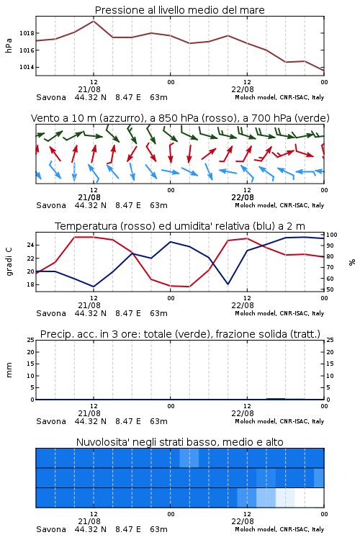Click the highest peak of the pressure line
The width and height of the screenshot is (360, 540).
[x=94, y=21]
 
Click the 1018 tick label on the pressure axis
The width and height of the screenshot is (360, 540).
[x=27, y=33]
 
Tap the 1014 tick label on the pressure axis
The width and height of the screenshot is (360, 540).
[x=27, y=67]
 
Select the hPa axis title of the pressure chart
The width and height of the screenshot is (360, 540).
[x=9, y=45]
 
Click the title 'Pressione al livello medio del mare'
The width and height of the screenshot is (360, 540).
[x=180, y=10]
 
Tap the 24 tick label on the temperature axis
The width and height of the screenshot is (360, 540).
[x=30, y=246]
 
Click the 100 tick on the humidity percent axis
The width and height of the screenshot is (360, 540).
[x=332, y=235]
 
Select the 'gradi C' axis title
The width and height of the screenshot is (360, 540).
[x=9, y=261]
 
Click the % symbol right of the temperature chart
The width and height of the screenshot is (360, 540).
[x=352, y=262]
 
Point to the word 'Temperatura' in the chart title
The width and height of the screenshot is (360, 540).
[x=86, y=226]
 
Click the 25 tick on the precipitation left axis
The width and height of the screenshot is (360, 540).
[x=30, y=340]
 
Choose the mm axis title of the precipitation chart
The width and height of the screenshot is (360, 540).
[x=9, y=370]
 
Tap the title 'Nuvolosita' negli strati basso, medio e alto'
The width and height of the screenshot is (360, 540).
[x=180, y=442]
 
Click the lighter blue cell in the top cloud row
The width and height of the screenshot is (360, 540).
[x=189, y=458]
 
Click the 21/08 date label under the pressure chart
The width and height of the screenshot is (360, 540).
[x=89, y=89]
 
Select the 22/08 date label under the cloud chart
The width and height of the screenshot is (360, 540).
[x=243, y=521]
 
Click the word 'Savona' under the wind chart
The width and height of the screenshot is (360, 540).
[x=51, y=206]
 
